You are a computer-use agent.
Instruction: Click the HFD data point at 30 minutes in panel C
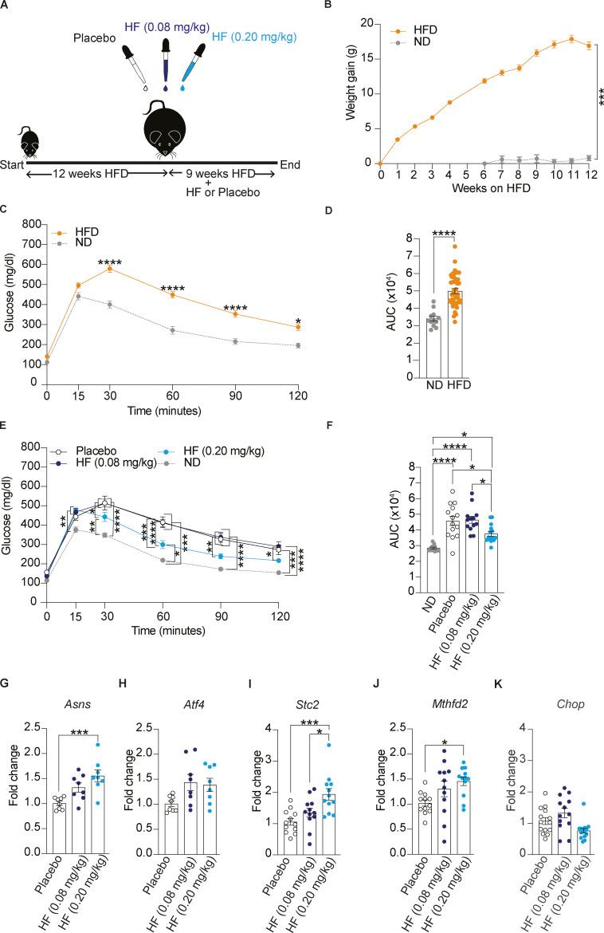tap(109, 268)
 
